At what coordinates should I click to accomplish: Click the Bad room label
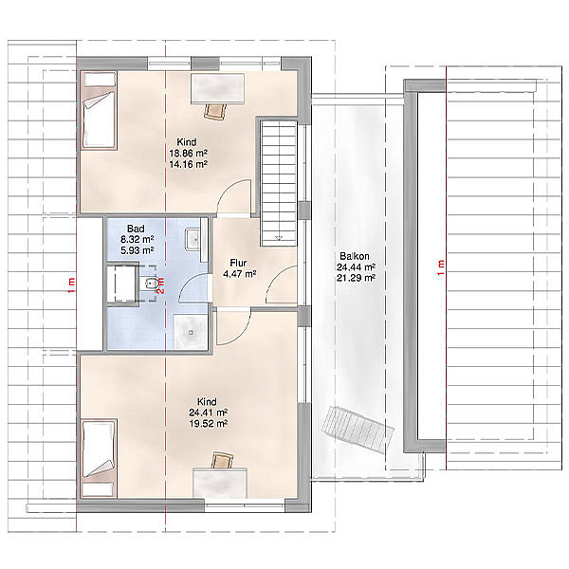(136, 229)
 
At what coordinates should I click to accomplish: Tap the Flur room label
(238, 263)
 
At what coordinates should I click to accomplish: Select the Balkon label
(355, 256)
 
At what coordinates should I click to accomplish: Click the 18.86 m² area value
(189, 153)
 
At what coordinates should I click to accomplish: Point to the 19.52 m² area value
(209, 424)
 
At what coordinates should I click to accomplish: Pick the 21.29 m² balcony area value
(356, 278)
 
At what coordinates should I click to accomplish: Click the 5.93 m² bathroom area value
(138, 250)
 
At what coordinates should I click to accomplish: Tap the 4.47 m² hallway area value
(240, 274)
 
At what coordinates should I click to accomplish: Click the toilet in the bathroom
(148, 284)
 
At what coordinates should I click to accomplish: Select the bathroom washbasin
(193, 239)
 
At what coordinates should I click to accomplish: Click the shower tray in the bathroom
(191, 332)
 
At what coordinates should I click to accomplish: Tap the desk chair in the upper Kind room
(214, 111)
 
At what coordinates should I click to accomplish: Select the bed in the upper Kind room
(99, 110)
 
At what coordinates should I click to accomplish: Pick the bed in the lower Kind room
(99, 458)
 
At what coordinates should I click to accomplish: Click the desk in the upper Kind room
(217, 88)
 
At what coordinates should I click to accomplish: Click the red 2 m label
(161, 285)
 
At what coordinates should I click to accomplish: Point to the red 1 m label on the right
(441, 267)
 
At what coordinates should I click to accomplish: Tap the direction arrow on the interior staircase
(279, 238)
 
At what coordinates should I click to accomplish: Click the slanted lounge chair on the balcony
(358, 430)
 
